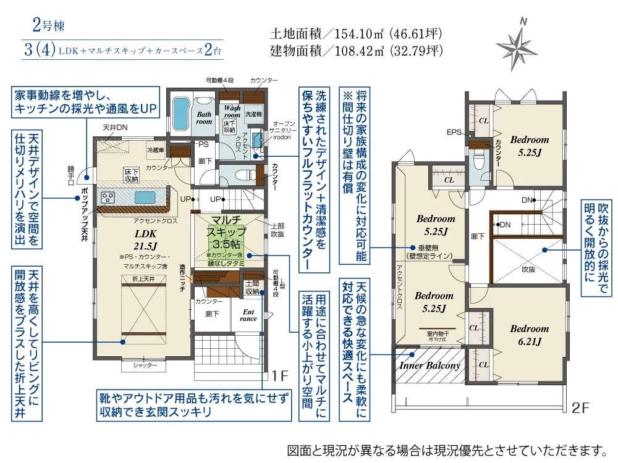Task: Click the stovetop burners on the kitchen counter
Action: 108,198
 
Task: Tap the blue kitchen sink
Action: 146,197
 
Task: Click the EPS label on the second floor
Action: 454,132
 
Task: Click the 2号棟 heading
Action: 48,26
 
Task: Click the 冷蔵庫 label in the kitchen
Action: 155,150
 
